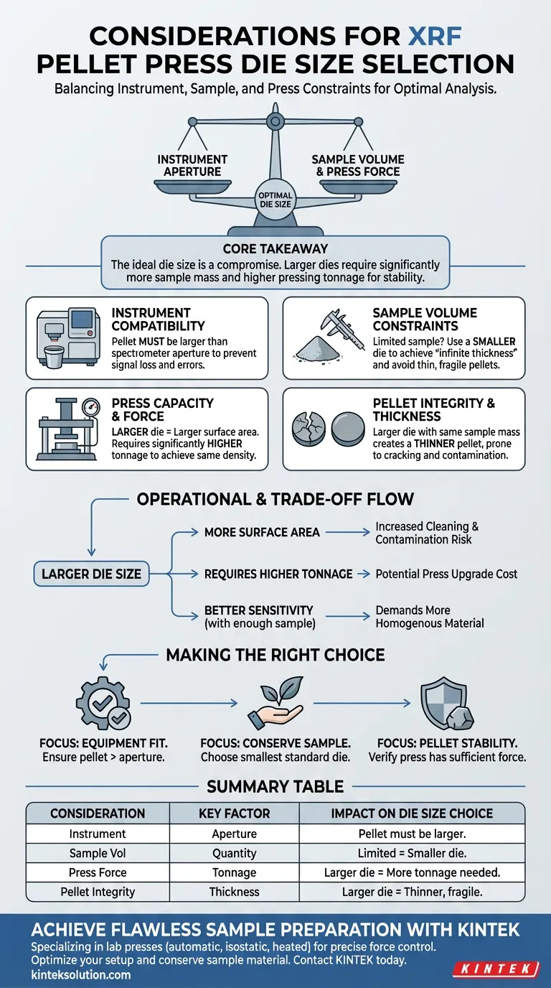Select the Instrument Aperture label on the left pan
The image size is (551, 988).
tap(192, 165)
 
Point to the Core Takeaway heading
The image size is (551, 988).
tap(275, 249)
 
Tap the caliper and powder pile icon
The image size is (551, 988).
tap(327, 336)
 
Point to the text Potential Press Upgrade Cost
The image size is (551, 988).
tap(446, 574)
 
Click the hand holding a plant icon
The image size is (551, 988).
tap(275, 704)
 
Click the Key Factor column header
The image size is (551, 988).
tap(235, 814)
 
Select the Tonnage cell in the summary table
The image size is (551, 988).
tap(235, 872)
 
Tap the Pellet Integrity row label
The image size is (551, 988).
tap(98, 892)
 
